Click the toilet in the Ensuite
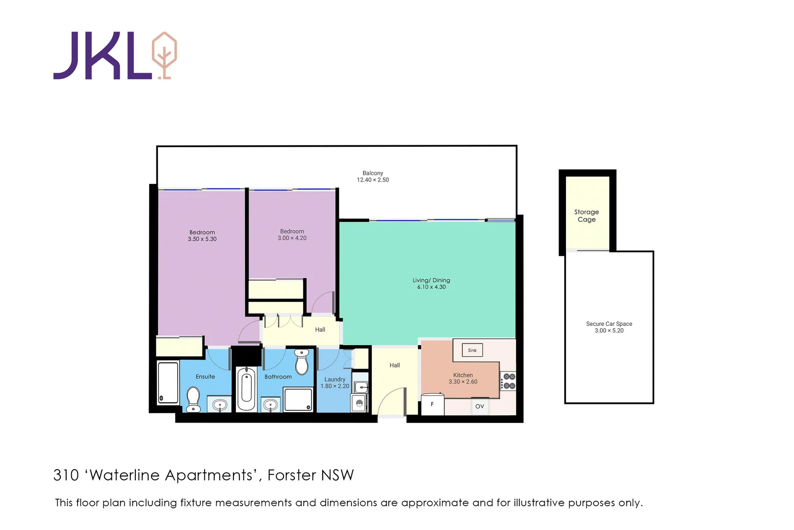click(x=193, y=399)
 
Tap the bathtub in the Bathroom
click(x=246, y=388)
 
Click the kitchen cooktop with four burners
click(x=509, y=381)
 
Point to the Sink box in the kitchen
click(x=472, y=350)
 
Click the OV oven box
click(x=480, y=406)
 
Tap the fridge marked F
click(x=433, y=405)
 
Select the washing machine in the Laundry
click(x=359, y=403)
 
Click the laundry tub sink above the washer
click(x=360, y=386)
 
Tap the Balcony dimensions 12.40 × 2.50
click(x=373, y=180)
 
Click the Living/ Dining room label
click(x=431, y=280)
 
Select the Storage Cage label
click(x=587, y=215)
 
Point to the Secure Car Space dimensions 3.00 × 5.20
click(x=609, y=331)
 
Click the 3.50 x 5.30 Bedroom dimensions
click(x=202, y=239)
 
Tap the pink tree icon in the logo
click(x=164, y=54)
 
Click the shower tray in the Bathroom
click(x=298, y=399)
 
